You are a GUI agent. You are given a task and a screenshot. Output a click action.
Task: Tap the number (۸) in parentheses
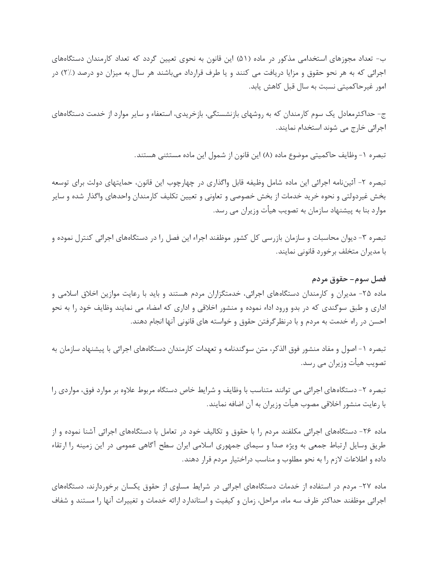pos(267,155)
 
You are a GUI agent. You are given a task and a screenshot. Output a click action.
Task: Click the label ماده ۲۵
pos(375,294)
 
